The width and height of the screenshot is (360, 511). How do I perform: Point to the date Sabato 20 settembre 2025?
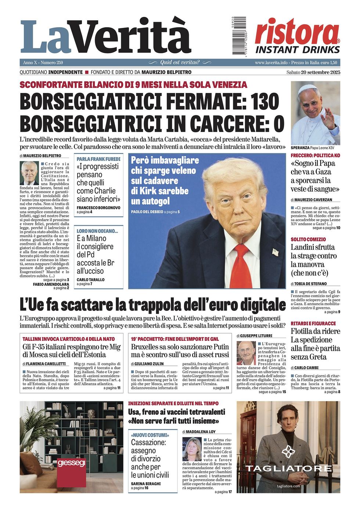tap(313, 72)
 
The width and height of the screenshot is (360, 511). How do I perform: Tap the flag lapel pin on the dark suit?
tap(276, 252)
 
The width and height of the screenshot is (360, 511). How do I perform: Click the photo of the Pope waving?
tap(315, 113)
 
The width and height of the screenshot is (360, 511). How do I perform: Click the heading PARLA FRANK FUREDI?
tap(98, 159)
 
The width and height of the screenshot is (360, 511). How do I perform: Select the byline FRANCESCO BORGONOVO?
tap(98, 208)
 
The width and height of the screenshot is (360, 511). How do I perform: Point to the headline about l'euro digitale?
tap(152, 305)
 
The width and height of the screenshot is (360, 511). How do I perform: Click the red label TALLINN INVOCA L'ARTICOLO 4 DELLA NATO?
tap(69, 339)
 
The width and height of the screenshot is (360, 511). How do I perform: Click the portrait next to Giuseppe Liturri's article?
tap(246, 353)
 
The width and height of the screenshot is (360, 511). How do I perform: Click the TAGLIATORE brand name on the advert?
tap(288, 468)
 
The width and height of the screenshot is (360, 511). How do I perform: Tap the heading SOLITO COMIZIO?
tap(308, 240)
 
